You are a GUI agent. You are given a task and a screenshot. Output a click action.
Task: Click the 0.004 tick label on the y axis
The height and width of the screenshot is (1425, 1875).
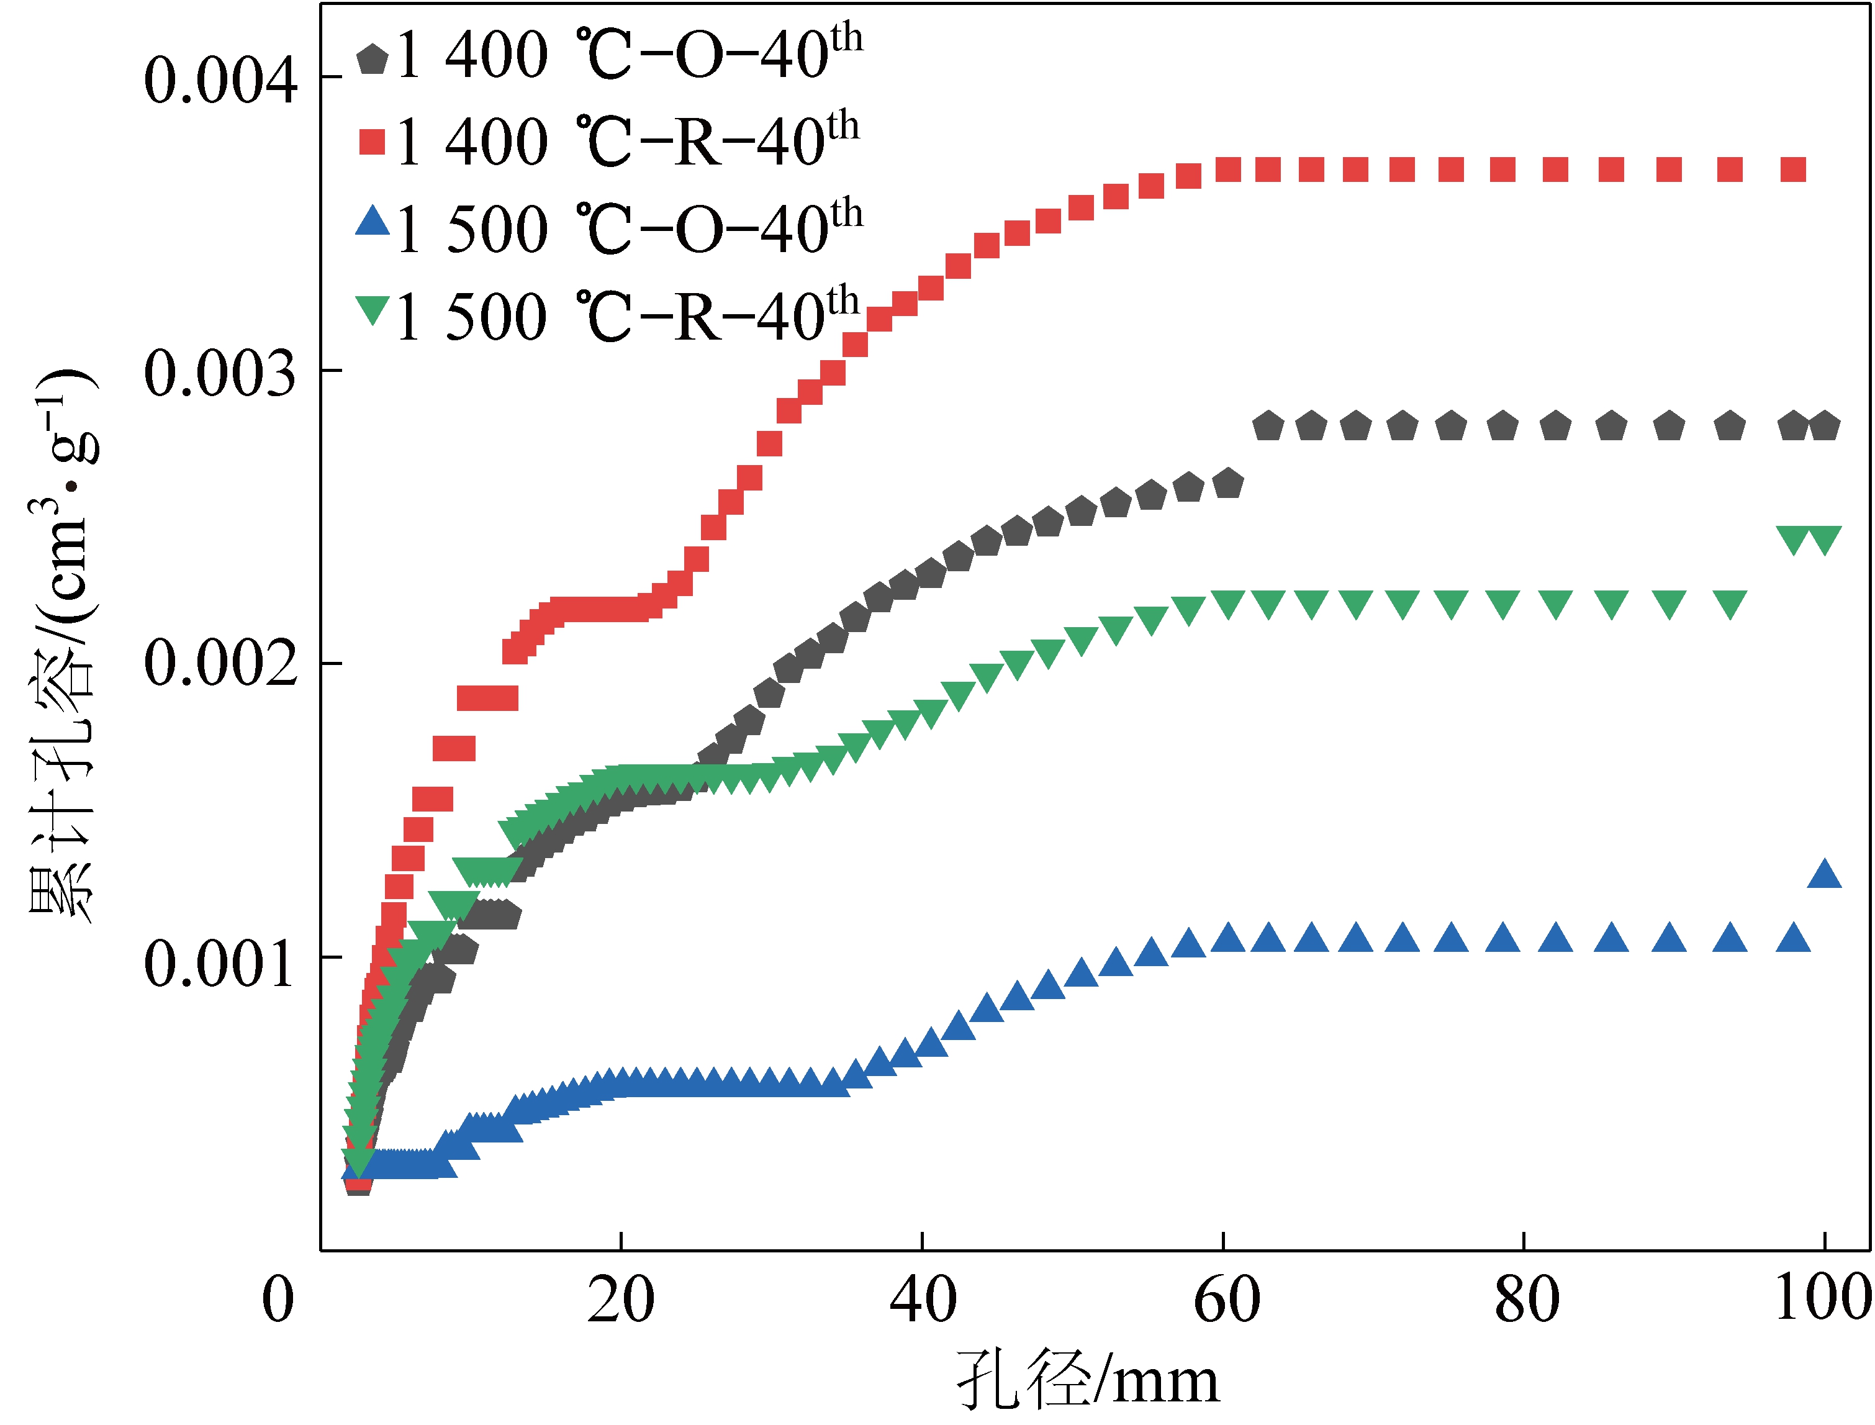(220, 81)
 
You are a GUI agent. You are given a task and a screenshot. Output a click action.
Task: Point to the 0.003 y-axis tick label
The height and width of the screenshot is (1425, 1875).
(220, 374)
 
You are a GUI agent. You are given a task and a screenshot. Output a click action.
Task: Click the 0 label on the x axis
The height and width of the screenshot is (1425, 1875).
(278, 1300)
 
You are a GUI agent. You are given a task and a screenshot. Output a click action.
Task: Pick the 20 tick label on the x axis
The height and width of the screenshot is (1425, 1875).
(621, 1300)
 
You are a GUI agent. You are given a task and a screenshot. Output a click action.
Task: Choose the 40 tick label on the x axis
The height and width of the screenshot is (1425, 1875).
(923, 1300)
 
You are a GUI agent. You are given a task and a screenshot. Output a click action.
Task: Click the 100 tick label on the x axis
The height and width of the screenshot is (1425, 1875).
(1823, 1298)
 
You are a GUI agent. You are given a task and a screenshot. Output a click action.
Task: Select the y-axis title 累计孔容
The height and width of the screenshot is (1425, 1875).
(63, 645)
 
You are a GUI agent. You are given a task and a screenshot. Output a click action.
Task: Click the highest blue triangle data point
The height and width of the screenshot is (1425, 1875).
(1824, 874)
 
